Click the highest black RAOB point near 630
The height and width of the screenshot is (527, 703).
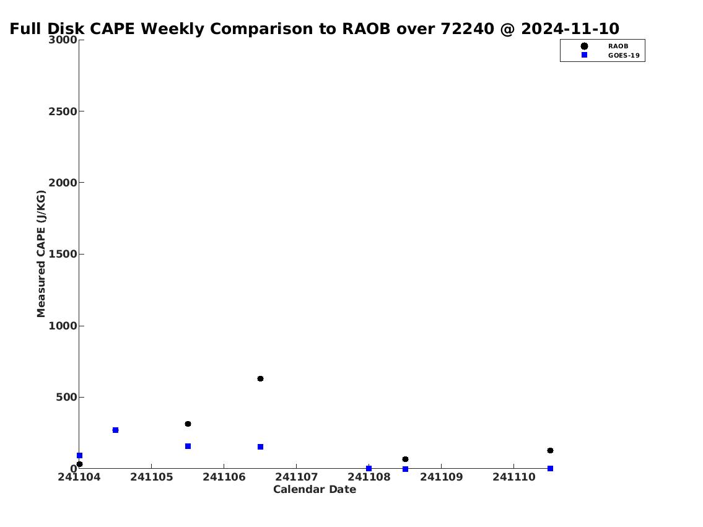[261, 378]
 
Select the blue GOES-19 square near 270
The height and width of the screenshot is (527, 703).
[116, 430]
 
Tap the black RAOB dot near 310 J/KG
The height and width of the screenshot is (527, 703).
[188, 424]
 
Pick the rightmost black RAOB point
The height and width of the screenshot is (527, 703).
[550, 450]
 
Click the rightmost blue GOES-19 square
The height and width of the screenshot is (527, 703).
[550, 468]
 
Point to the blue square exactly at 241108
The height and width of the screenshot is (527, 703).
[369, 468]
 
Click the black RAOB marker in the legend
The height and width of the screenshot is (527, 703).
[584, 46]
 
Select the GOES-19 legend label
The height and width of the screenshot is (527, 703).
[624, 56]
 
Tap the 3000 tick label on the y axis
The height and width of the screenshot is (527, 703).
[63, 40]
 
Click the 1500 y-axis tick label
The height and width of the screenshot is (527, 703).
[63, 254]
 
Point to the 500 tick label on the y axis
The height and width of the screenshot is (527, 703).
[67, 397]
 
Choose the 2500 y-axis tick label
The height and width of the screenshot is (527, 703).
[63, 111]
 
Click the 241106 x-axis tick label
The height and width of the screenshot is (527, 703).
[224, 477]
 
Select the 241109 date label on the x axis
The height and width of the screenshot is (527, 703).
[441, 477]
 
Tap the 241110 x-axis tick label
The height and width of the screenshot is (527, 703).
[514, 477]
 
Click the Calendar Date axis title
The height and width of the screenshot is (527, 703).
[315, 489]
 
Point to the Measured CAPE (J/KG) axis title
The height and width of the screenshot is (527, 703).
[41, 254]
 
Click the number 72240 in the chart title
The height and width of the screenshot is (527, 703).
[468, 28]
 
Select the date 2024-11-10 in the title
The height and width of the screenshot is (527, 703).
[570, 28]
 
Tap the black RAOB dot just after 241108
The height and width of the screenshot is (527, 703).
[405, 459]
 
